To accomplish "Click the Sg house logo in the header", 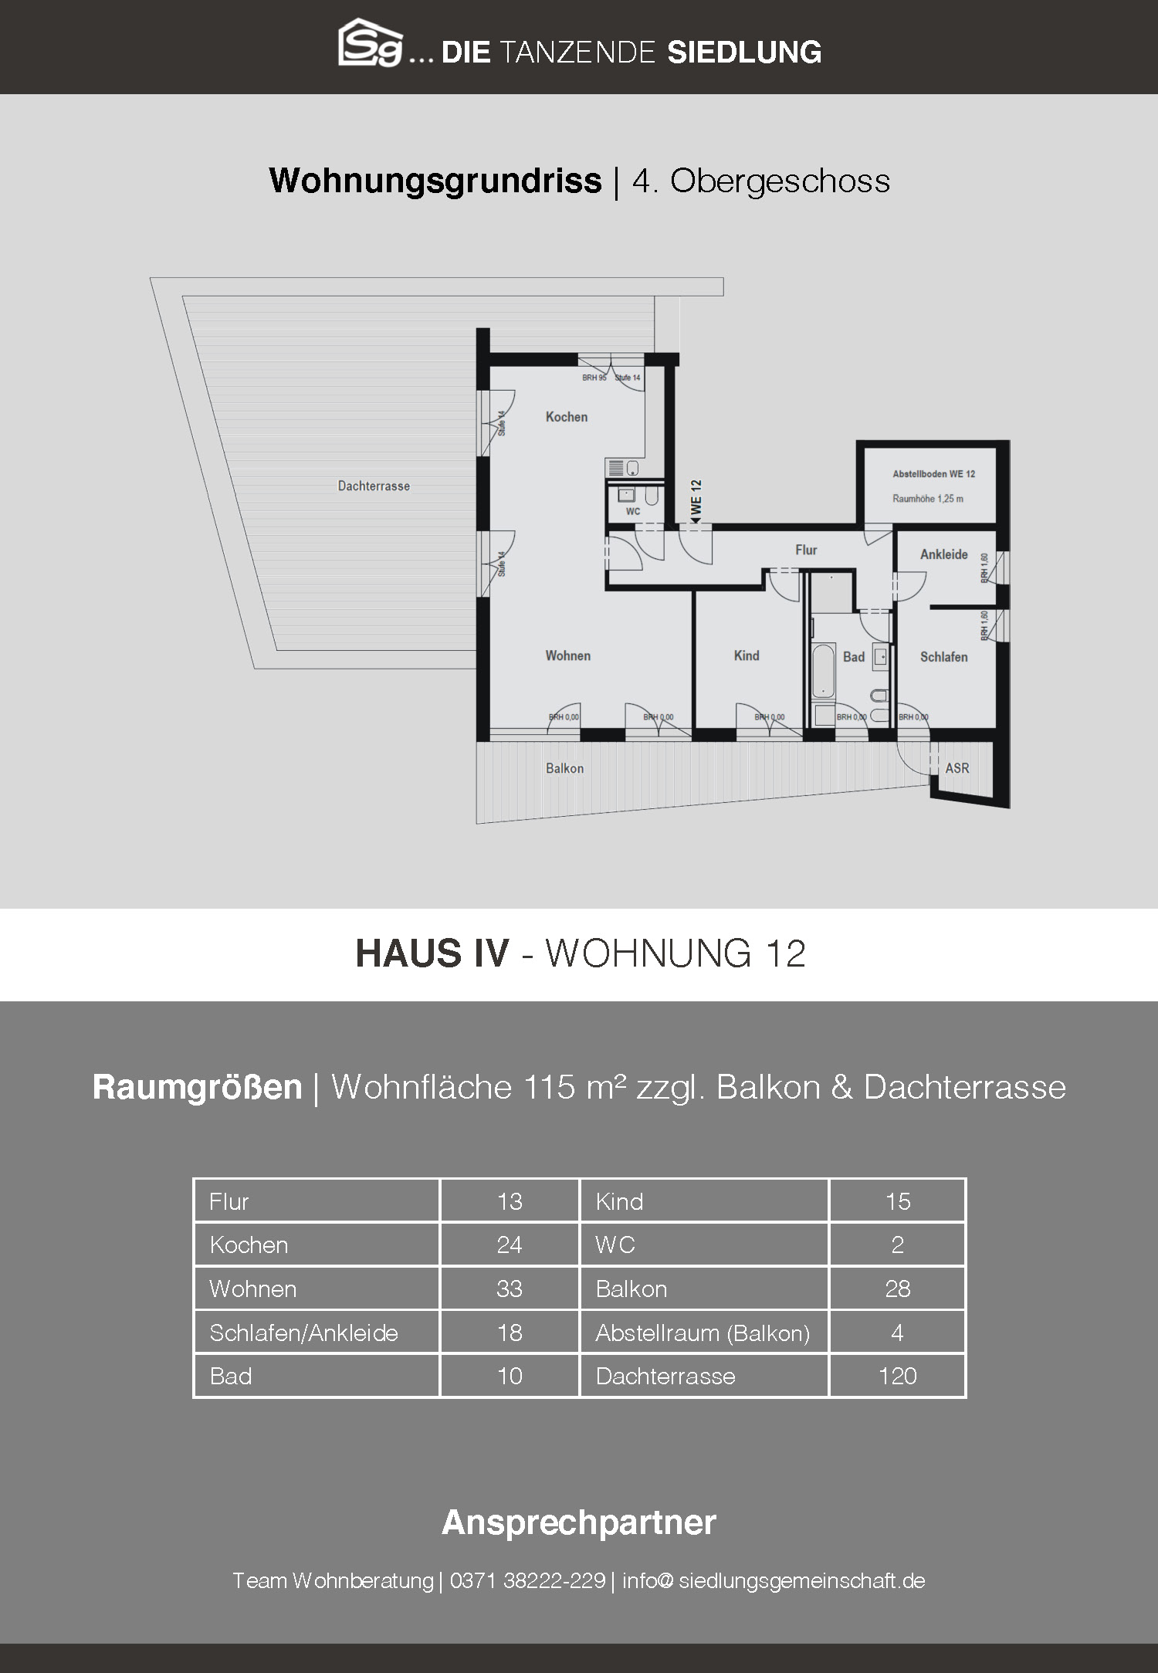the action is (x=371, y=43).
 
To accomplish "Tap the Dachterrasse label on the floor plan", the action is (x=374, y=486).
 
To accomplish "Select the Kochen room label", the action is (x=567, y=417).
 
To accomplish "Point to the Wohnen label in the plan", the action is (x=568, y=655).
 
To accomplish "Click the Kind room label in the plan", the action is (x=747, y=655).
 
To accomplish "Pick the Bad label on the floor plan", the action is (x=854, y=657).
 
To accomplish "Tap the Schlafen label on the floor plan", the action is (x=943, y=657).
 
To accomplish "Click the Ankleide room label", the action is (x=943, y=554).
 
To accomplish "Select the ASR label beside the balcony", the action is (x=957, y=768).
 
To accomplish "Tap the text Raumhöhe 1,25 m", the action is (x=928, y=499).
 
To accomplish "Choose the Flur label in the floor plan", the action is (x=806, y=550).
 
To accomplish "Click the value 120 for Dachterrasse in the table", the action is (x=897, y=1376).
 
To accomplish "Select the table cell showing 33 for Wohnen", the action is (x=510, y=1289).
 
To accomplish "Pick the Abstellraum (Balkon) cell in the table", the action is (x=703, y=1333).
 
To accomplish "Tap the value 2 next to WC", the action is (x=897, y=1245).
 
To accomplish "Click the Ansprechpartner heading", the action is (x=579, y=1523).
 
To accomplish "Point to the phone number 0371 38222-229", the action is (x=527, y=1580).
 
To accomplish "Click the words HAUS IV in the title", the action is (x=432, y=953).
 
